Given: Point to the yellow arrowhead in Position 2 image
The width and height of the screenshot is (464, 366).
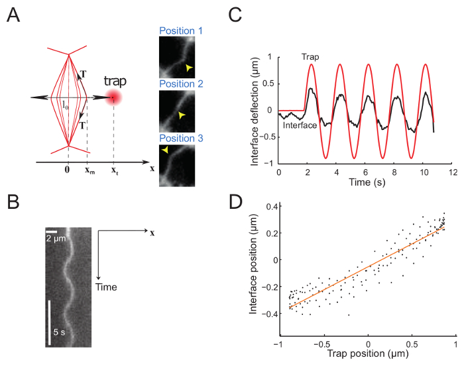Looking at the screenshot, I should [x=180, y=115].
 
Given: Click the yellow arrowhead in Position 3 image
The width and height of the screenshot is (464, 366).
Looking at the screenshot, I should [x=163, y=152].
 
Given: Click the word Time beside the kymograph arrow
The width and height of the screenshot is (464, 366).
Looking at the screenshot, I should [x=107, y=287].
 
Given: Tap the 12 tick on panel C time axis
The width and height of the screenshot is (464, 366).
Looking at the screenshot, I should [x=453, y=171].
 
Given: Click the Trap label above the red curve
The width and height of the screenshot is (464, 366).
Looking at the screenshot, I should [x=310, y=58].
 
